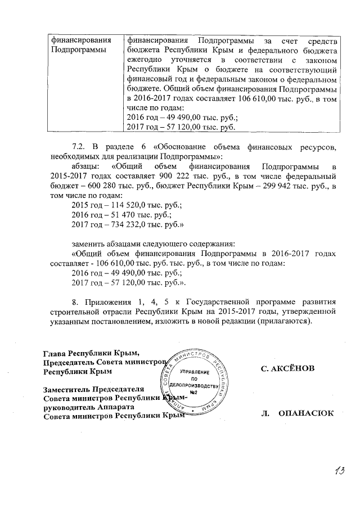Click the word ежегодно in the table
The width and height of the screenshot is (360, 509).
[x=143, y=60]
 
